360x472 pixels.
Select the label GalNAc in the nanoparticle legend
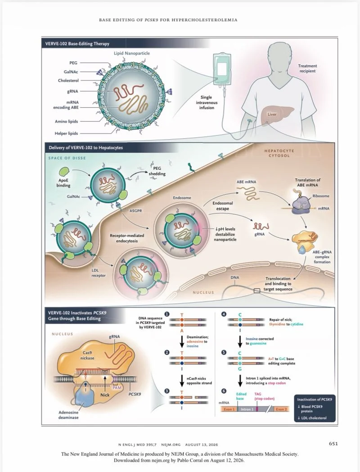point(71,72)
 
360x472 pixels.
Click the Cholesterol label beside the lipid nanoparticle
point(68,80)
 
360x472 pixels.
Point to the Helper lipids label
point(66,133)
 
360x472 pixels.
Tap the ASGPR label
point(135,211)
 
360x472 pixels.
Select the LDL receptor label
point(99,273)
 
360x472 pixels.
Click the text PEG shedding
point(157,171)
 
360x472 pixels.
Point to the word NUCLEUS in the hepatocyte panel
point(203,292)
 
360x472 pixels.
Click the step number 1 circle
point(167,314)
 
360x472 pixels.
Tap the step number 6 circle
point(224,391)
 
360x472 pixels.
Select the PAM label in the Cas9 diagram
point(117,387)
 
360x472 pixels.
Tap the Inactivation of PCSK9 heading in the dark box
point(315,399)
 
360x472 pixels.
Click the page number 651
point(333,444)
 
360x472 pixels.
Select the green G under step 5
point(240,369)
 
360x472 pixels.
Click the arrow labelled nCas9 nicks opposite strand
point(182,381)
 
